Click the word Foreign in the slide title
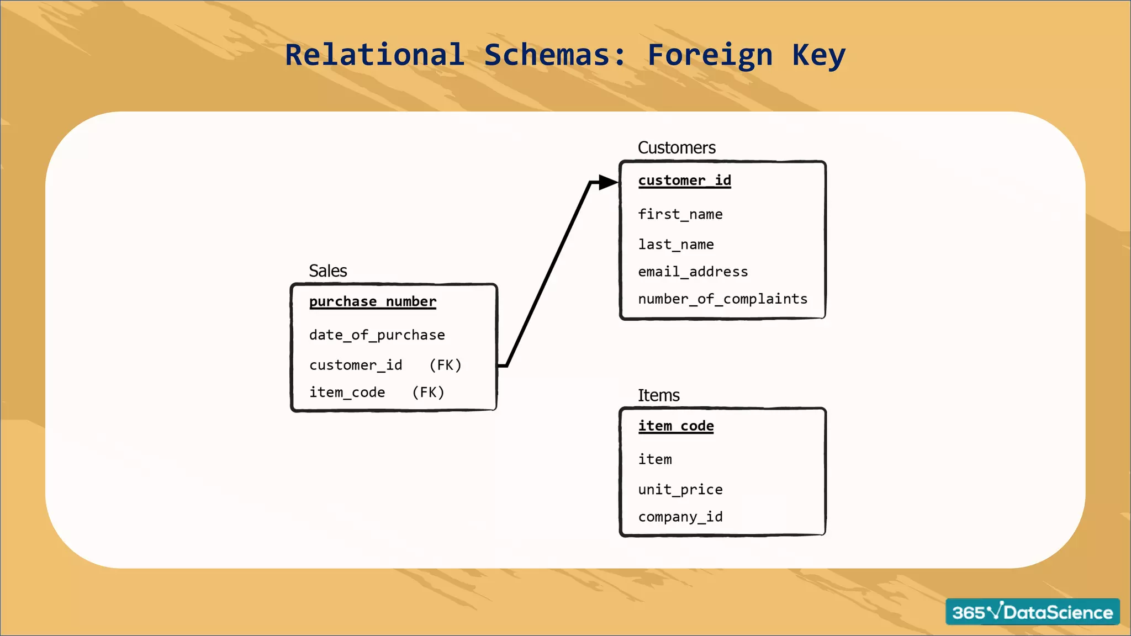tap(710, 55)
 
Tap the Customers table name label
tap(677, 147)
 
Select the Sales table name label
tap(327, 271)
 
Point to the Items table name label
tap(658, 395)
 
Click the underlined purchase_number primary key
tap(373, 301)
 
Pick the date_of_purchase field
tap(377, 335)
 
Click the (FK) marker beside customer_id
tap(445, 365)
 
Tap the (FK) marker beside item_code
tap(428, 393)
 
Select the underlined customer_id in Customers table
tap(684, 181)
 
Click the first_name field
tap(680, 214)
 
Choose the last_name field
tap(676, 245)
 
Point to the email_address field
tap(693, 272)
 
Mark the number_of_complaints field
tap(722, 299)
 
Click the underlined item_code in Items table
tap(676, 426)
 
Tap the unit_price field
tap(680, 490)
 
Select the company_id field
tap(680, 517)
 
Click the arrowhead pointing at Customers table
tap(608, 182)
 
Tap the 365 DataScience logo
tap(1032, 612)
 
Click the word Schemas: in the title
tap(555, 55)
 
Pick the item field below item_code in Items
tap(655, 459)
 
